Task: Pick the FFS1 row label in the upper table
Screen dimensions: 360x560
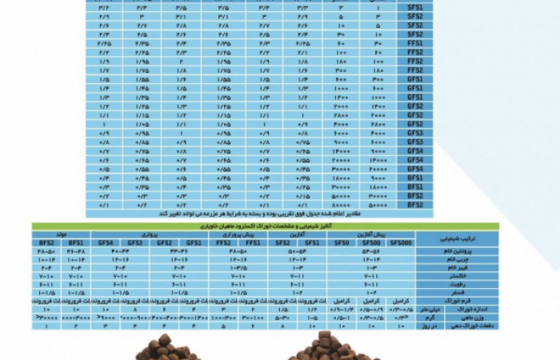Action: tap(414, 45)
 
